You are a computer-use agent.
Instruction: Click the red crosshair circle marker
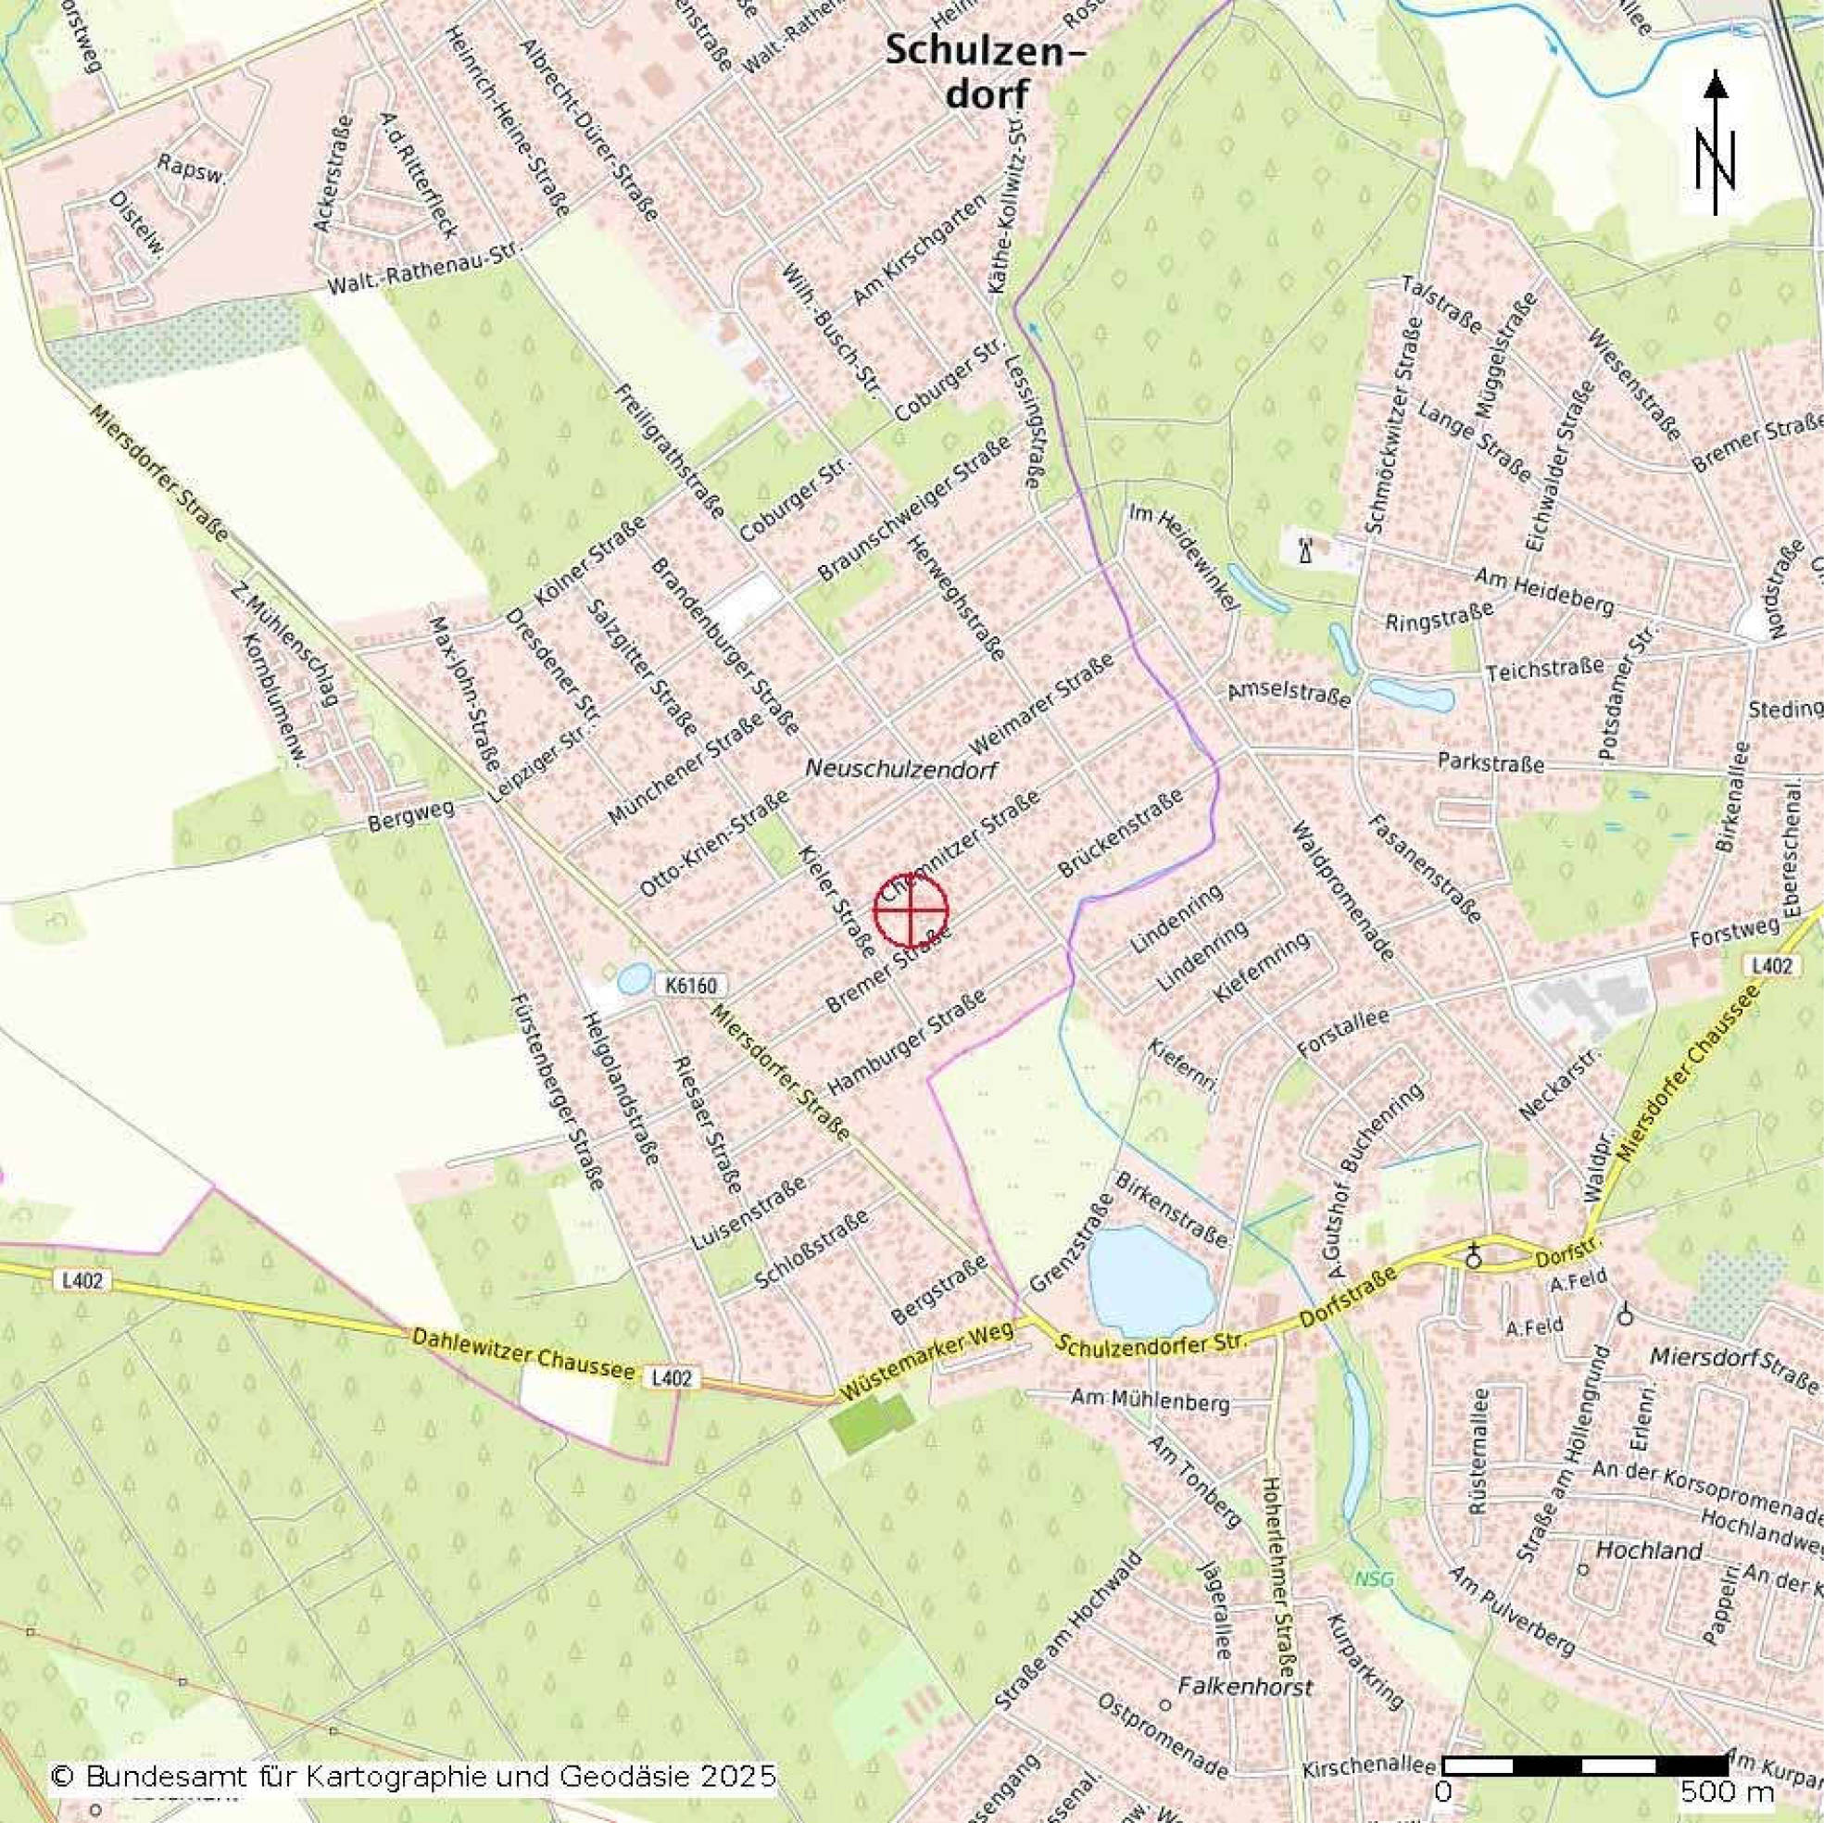pyautogui.click(x=910, y=910)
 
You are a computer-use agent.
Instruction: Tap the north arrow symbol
pyautogui.click(x=1716, y=146)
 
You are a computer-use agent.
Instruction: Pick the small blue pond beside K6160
pyautogui.click(x=634, y=978)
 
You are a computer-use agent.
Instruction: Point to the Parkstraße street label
pyautogui.click(x=1491, y=761)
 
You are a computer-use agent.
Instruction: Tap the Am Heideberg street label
pyautogui.click(x=1542, y=591)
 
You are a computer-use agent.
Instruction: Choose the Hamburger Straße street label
pyautogui.click(x=906, y=1040)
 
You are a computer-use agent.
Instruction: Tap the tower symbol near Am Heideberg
pyautogui.click(x=1305, y=548)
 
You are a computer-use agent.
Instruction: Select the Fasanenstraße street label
pyautogui.click(x=1423, y=868)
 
